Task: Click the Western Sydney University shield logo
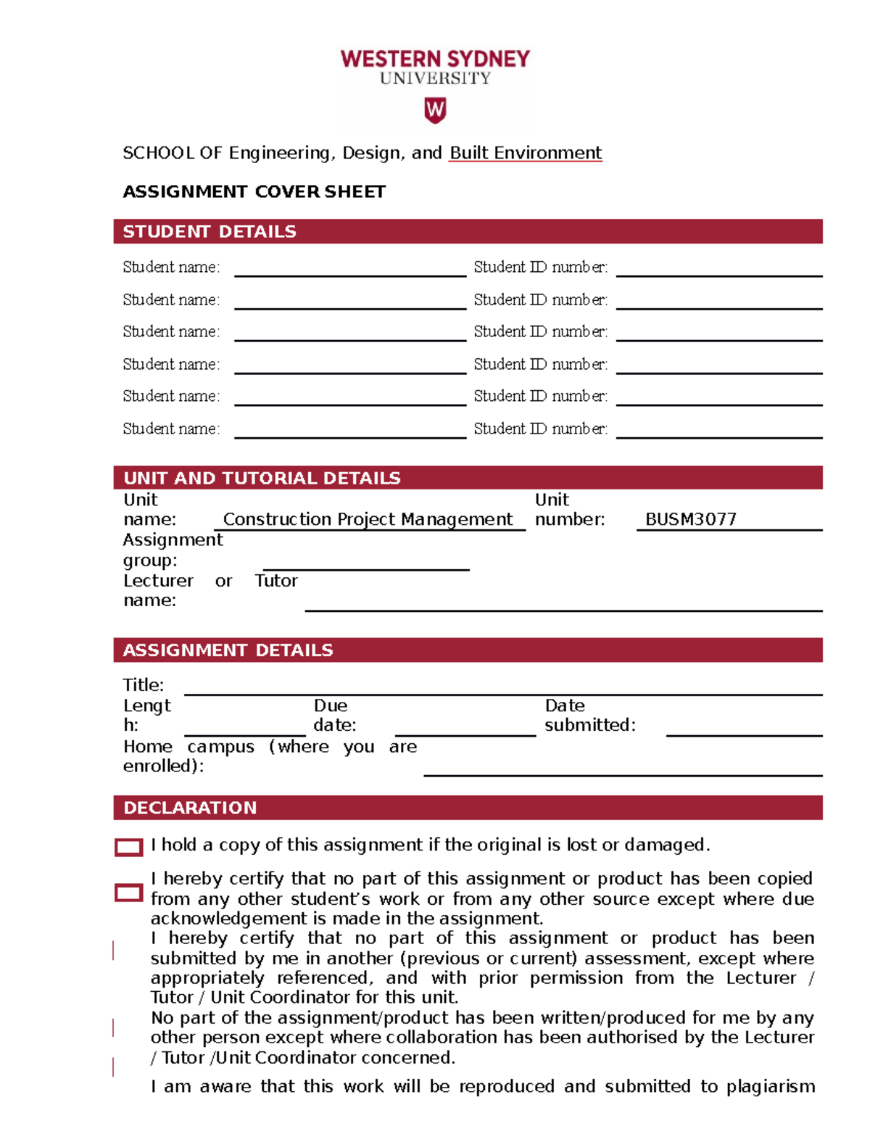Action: coord(435,110)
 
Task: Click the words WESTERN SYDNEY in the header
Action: coord(435,59)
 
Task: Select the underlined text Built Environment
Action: coord(525,153)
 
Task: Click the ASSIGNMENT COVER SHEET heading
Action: coord(254,191)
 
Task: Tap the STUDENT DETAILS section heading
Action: coord(210,231)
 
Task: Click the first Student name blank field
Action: coord(349,269)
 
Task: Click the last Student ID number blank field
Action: coord(718,431)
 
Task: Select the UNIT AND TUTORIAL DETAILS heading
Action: coord(262,478)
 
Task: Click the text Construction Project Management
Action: coord(368,520)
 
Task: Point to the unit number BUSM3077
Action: coord(690,520)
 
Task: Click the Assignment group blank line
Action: coord(366,563)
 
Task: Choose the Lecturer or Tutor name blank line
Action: coord(563,603)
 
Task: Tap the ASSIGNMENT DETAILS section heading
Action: coord(228,650)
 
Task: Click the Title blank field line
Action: coord(502,687)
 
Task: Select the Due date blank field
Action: coord(465,728)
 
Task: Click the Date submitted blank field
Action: coord(743,728)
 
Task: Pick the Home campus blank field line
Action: coord(622,768)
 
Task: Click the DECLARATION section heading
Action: coord(190,808)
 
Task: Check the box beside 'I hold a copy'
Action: coord(129,847)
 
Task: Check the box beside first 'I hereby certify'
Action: coord(129,893)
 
